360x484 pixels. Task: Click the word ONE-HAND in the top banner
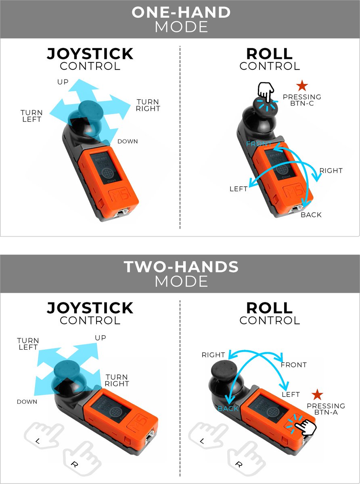[181, 12]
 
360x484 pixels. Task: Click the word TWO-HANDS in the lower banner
[181, 267]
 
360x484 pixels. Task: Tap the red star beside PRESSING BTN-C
[302, 86]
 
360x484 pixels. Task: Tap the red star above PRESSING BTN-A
[318, 395]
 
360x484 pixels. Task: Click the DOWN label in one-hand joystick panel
[128, 142]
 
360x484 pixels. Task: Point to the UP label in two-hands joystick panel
[100, 338]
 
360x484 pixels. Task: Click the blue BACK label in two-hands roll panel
[228, 409]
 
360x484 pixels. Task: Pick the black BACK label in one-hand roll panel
[311, 215]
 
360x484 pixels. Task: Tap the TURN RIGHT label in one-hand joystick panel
[148, 105]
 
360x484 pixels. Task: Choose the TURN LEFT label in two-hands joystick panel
[28, 344]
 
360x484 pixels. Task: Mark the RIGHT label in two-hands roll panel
[213, 355]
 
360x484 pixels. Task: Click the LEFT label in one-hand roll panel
[239, 189]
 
